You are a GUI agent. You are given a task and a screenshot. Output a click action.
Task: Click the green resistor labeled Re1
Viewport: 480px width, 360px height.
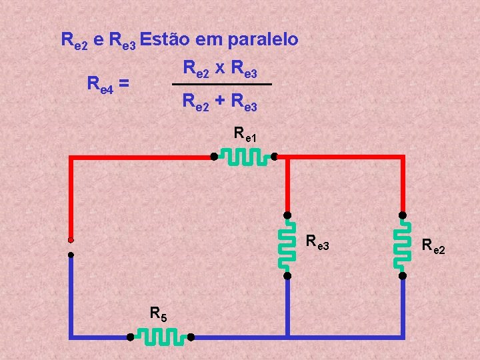click(x=244, y=157)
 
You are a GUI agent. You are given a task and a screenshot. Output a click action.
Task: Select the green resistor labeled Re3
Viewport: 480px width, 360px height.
click(x=287, y=245)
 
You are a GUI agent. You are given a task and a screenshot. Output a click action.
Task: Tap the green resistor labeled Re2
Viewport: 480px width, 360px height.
click(x=403, y=245)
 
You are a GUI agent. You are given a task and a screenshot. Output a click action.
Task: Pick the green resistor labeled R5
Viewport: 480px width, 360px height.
click(x=160, y=337)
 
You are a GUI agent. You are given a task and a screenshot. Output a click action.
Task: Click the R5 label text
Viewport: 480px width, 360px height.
click(x=158, y=313)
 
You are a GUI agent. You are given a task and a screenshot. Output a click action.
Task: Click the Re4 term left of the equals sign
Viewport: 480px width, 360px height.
click(x=101, y=85)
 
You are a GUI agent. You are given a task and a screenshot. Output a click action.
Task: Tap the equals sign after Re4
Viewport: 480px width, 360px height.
click(x=125, y=85)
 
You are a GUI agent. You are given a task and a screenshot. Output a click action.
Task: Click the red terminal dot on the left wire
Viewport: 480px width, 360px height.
click(x=71, y=239)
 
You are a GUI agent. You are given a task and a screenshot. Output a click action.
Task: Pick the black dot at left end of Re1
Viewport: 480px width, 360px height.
click(x=213, y=157)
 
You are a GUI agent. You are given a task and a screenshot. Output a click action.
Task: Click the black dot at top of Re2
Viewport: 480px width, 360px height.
click(x=403, y=215)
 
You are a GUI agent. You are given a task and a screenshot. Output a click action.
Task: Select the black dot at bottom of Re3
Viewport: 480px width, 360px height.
click(x=287, y=275)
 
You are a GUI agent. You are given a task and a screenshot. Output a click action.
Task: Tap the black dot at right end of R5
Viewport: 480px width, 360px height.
click(x=190, y=337)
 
